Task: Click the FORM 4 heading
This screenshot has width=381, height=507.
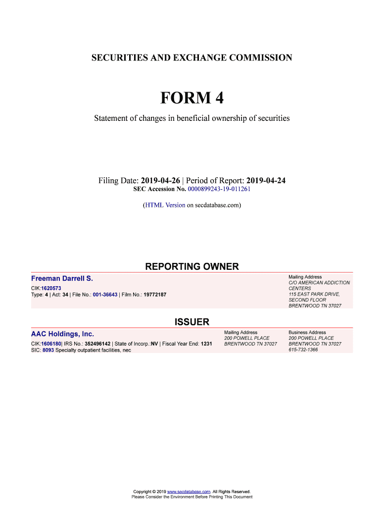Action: [x=191, y=99]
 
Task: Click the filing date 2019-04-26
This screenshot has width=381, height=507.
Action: [x=160, y=181]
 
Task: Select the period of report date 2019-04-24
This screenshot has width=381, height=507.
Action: [x=266, y=181]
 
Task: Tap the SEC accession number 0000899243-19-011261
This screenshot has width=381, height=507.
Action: [x=219, y=189]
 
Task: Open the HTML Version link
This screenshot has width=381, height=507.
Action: [x=165, y=204]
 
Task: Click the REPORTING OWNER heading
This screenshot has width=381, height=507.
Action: [x=191, y=267]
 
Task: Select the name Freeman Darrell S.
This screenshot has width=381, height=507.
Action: [x=62, y=279]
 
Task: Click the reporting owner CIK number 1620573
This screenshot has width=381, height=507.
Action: [x=51, y=288]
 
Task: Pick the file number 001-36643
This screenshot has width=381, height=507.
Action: [x=105, y=295]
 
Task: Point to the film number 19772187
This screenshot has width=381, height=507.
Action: [x=155, y=295]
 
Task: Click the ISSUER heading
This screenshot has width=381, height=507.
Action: [x=191, y=322]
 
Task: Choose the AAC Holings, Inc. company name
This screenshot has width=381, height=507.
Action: [x=62, y=334]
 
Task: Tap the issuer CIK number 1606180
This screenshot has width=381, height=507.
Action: [x=51, y=344]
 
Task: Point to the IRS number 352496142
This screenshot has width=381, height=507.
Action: [x=97, y=344]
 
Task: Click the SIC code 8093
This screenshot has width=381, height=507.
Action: [x=48, y=350]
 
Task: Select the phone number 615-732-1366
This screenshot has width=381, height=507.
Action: [x=303, y=350]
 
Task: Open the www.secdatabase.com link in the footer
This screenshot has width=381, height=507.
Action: [x=190, y=492]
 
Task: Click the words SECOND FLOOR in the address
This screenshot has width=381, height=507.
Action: [x=307, y=300]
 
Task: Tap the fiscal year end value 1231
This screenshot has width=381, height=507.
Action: [x=206, y=344]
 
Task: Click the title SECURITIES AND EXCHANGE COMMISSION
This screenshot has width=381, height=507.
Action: [x=191, y=58]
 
